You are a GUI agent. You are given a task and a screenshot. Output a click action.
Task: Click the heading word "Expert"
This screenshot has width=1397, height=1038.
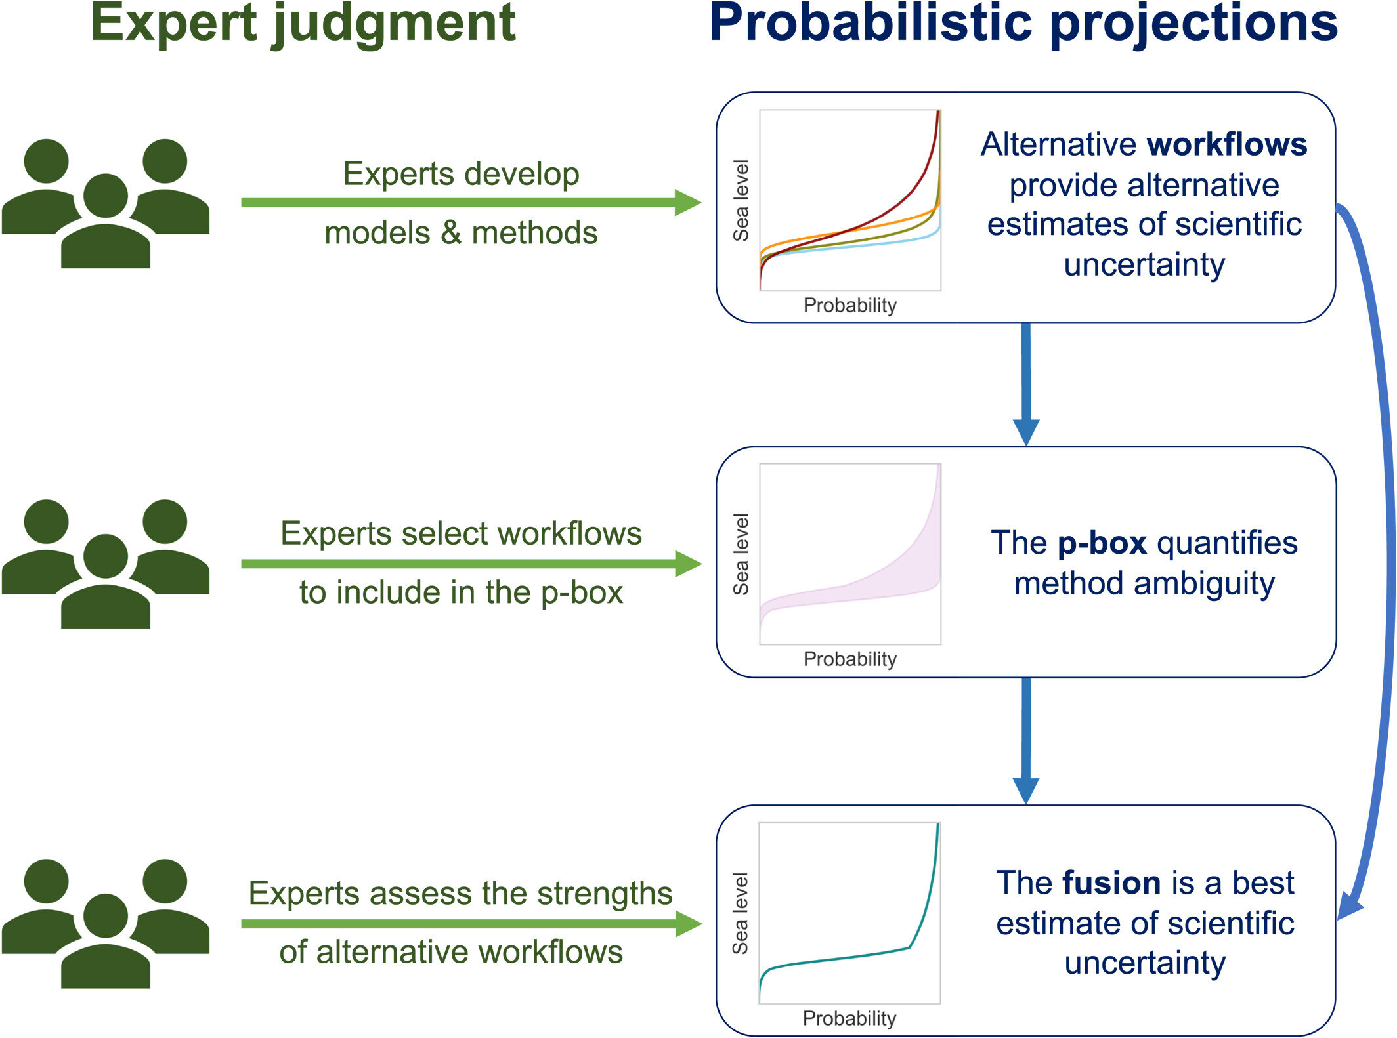click(173, 24)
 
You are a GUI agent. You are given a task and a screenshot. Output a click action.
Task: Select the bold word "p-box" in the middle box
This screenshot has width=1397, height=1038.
click(1102, 543)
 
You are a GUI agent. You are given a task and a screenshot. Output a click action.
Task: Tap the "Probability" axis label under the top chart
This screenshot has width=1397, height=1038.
click(850, 305)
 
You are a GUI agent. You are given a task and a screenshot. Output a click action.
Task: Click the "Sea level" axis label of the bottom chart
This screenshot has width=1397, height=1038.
click(741, 913)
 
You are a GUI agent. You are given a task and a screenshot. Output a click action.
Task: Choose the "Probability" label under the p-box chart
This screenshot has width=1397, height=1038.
click(850, 659)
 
